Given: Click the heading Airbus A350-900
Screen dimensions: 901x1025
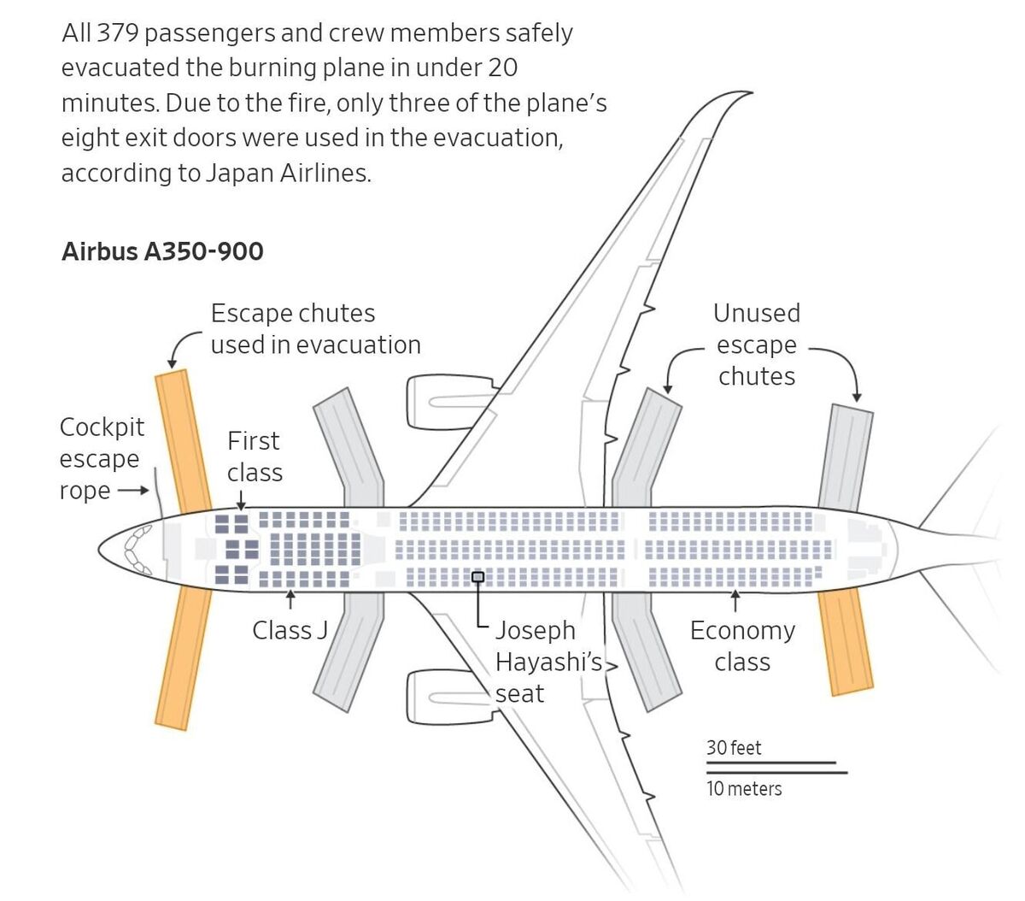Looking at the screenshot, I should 162,251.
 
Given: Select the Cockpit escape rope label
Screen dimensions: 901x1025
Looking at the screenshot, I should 102,458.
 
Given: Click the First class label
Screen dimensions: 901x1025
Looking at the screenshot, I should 254,456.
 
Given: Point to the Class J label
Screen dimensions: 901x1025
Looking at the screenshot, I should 290,630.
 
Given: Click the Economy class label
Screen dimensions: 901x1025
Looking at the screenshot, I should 742,645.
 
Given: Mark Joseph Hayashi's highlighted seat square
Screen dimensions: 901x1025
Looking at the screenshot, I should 478,577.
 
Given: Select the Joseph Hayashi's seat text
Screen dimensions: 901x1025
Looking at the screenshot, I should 548,662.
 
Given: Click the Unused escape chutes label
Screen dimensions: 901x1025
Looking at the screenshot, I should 757,344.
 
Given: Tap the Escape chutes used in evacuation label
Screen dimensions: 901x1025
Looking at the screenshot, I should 315,329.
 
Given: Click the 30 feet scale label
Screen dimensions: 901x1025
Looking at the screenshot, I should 734,748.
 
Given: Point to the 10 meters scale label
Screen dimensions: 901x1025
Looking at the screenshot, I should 744,788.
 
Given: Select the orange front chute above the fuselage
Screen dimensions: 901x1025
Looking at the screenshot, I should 184,440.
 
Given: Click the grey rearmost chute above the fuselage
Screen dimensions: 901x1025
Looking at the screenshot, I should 846,457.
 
